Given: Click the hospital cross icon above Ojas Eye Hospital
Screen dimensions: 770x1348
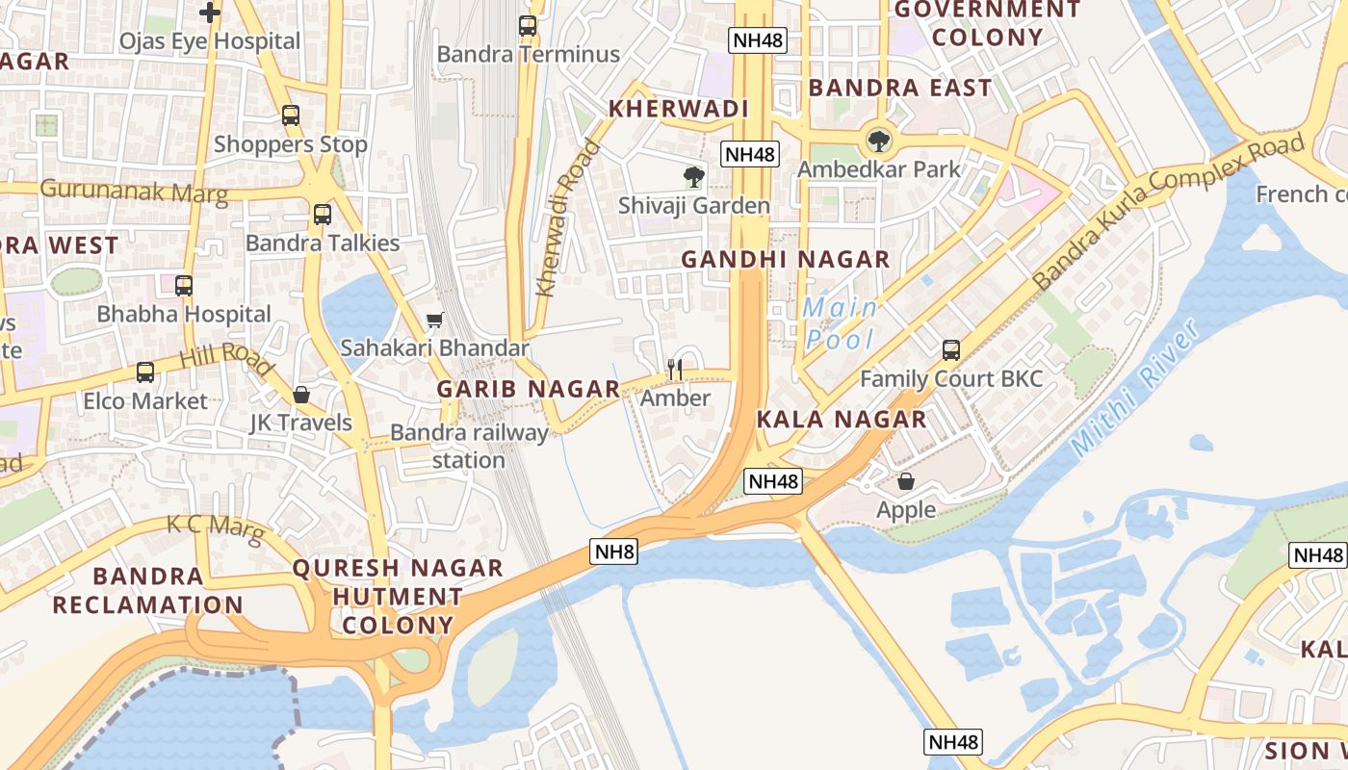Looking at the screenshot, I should coord(210,13).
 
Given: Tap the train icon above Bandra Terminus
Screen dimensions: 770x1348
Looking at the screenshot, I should coord(528,26).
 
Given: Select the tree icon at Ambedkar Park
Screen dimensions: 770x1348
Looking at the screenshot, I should coord(878,141).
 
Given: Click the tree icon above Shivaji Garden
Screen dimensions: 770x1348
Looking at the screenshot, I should coord(693,177).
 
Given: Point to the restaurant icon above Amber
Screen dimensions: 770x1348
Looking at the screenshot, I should coord(675,369).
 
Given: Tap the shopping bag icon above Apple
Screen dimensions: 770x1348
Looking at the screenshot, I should coord(906,481).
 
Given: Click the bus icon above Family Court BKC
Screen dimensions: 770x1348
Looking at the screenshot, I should coord(951,350).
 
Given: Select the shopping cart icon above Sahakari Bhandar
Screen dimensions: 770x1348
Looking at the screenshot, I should coord(435,320).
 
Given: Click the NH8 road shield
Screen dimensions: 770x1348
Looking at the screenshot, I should coord(614,552).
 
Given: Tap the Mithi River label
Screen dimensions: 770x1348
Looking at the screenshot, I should coord(1136,387).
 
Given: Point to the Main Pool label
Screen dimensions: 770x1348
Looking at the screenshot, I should coord(841,323).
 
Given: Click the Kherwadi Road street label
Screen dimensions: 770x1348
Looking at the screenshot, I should coord(567,219).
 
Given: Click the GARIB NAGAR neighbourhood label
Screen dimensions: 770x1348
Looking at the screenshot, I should coord(529,389).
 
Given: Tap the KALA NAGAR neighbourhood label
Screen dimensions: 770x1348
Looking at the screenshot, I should coord(842,419).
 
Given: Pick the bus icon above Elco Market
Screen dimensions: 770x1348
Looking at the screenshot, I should coord(145,372).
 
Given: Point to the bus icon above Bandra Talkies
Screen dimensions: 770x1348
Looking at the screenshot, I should coord(323,215).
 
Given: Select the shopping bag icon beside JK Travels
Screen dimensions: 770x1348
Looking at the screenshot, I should coord(301,395).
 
